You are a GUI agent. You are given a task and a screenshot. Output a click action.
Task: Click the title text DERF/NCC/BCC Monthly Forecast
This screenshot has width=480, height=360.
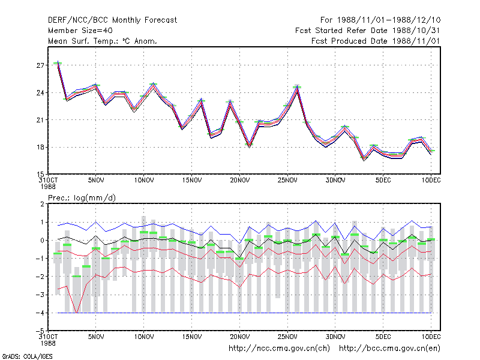pos(112,20)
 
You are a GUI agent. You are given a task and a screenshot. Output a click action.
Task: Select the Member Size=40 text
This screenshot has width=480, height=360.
pos(80,31)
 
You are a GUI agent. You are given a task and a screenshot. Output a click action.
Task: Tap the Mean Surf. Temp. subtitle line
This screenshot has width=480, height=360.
pos(102,41)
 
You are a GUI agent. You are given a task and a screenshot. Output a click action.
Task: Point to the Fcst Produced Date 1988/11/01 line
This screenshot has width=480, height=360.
pos(376,41)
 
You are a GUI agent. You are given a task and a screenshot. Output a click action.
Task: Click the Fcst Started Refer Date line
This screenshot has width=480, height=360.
pos(368,31)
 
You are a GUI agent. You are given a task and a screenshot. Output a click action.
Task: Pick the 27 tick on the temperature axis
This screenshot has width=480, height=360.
pos(40,65)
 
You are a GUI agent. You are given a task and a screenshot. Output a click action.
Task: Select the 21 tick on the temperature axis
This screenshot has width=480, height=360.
pos(40,120)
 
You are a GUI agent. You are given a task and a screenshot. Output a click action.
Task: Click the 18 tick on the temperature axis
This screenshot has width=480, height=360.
pos(40,147)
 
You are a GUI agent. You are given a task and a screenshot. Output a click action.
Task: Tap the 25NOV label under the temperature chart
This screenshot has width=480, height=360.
pos(287,181)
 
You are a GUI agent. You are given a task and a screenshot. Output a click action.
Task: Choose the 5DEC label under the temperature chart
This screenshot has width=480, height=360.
pos(383,181)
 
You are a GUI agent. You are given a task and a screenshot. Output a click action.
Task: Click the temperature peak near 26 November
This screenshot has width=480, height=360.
pos(297,88)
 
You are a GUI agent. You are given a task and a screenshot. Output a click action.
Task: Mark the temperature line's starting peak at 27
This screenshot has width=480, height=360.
pos(58,63)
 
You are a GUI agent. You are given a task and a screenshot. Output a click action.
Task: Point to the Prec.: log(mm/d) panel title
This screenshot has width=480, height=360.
pos(82,198)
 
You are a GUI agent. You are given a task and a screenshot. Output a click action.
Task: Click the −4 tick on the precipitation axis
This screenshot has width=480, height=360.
pos(40,313)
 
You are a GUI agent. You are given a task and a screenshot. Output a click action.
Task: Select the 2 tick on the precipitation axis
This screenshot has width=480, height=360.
pos(42,204)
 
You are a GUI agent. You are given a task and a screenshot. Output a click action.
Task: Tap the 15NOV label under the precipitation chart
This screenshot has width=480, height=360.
pos(191,337)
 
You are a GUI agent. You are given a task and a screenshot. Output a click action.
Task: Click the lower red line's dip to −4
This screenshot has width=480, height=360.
pos(77,313)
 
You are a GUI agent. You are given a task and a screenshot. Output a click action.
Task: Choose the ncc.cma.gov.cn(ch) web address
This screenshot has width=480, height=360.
pos(279,349)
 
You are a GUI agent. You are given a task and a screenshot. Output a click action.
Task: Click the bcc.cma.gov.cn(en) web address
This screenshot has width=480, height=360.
pos(389,349)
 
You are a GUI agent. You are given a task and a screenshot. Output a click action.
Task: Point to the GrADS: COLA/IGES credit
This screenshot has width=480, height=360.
pos(27,356)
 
